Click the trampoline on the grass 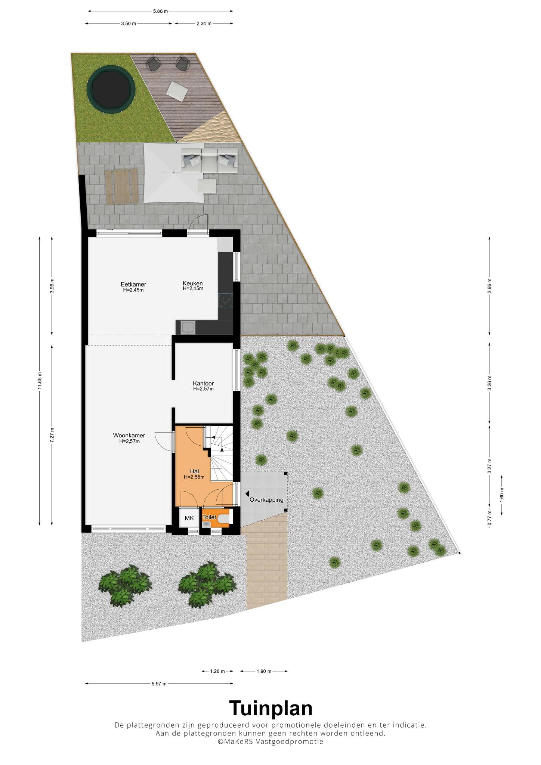(111, 90)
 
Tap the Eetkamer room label (133, 284)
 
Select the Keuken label (193, 283)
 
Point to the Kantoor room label (203, 383)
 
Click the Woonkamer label (129, 436)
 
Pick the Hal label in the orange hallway (194, 471)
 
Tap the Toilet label (209, 517)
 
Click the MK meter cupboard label (189, 518)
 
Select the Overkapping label (266, 500)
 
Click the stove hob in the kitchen (226, 301)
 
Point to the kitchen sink (187, 328)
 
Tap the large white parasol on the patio (174, 173)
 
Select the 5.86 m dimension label (160, 11)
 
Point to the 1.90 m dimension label (264, 671)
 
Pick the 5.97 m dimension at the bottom (159, 684)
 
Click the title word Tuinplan (270, 708)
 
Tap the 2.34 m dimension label (204, 24)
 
